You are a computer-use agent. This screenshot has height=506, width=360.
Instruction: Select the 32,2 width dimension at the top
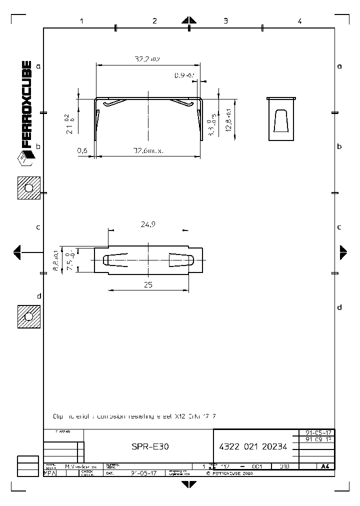pyautogui.click(x=147, y=59)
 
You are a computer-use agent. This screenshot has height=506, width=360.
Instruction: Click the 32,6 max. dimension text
pyautogui.click(x=148, y=150)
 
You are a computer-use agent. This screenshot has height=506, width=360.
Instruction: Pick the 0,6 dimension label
pyautogui.click(x=82, y=150)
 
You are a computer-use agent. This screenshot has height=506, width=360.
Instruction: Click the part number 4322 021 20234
pyautogui.click(x=253, y=447)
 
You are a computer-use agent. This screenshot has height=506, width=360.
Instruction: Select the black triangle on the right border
pyautogui.click(x=343, y=252)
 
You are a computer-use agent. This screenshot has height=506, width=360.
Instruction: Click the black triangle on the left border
pyautogui.click(x=17, y=252)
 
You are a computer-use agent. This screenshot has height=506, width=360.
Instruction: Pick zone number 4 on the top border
pyautogui.click(x=299, y=21)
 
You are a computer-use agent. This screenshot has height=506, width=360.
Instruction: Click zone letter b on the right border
pyautogui.click(x=339, y=146)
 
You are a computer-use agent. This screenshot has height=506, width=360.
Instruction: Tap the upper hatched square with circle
pyautogui.click(x=28, y=188)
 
